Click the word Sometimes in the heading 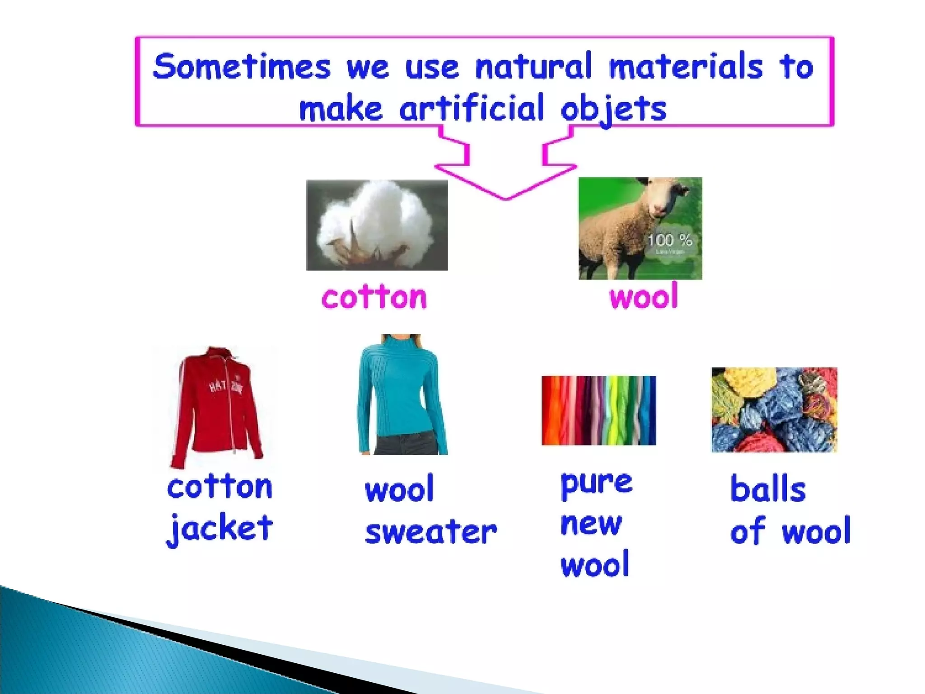pos(242,67)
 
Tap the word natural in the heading pos(533,67)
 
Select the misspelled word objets pos(613,108)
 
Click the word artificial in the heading pos(472,108)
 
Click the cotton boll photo pos(377,225)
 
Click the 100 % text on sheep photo pos(669,240)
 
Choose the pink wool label pos(644,297)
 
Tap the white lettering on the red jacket pos(225,387)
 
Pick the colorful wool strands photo pos(598,410)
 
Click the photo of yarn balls pos(774,409)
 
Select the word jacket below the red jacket pos(220,529)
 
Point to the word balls pos(768,489)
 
